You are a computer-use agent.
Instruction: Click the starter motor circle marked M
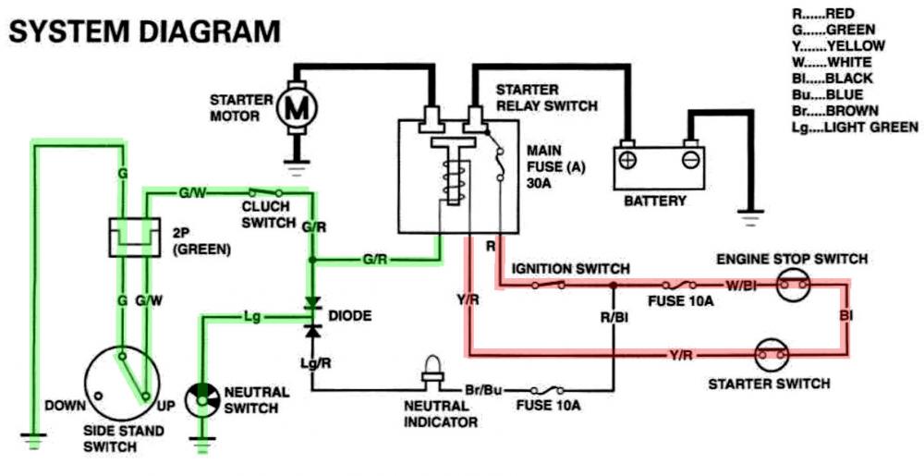pos(298,107)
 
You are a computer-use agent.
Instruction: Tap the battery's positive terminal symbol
pos(627,160)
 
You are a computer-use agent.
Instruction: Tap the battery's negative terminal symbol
pos(689,160)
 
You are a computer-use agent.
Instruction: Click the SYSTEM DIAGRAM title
pos(144,32)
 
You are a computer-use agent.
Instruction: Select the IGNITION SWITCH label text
pos(571,268)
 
